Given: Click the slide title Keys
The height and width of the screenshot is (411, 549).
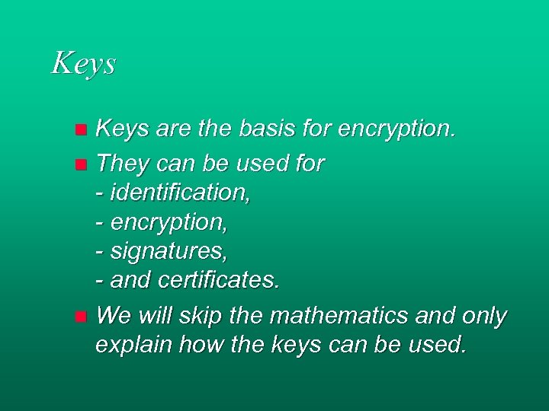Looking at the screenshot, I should tap(83, 63).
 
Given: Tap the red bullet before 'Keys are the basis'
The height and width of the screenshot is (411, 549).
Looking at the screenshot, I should tap(82, 131).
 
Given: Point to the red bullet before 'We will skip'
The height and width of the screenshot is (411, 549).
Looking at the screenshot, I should tap(82, 316).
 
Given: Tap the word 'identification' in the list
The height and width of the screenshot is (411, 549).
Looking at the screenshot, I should tap(180, 193).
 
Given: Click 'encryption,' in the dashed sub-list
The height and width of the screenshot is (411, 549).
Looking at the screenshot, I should tap(169, 224).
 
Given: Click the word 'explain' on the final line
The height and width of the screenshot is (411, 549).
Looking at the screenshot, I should tap(133, 346).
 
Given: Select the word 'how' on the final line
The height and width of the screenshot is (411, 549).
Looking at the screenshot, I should tap(202, 345).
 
